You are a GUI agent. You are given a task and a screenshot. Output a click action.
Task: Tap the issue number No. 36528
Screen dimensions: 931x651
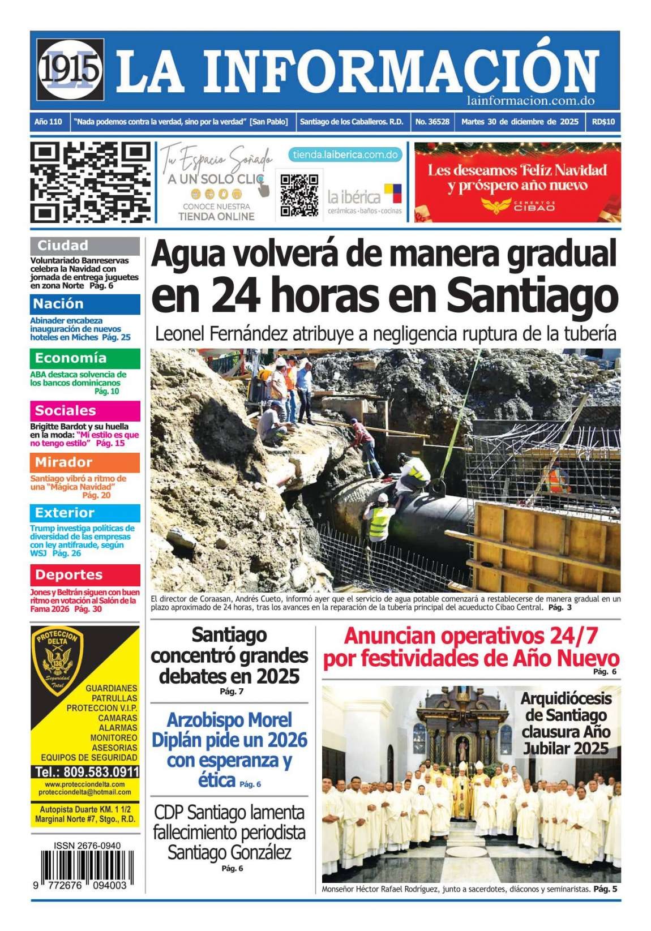coord(432,122)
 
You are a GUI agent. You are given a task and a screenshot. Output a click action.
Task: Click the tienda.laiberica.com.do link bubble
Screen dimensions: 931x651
coord(345,155)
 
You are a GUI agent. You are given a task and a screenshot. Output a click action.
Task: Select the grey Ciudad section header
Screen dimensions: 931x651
coord(85,246)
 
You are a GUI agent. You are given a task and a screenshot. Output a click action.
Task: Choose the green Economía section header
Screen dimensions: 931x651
coord(85,358)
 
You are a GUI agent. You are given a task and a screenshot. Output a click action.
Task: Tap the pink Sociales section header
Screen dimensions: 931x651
coord(85,410)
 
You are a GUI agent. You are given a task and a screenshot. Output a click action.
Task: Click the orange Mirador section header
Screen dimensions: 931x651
coord(85,462)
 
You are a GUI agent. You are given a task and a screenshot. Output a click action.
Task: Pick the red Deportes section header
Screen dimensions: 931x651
coord(85,574)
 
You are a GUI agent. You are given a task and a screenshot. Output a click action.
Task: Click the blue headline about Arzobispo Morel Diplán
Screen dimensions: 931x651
coord(229,749)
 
